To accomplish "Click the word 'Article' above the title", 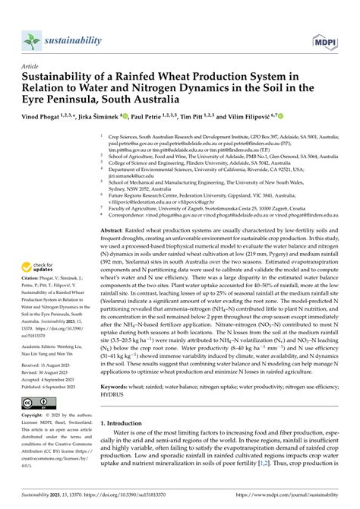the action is tap(31, 67).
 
